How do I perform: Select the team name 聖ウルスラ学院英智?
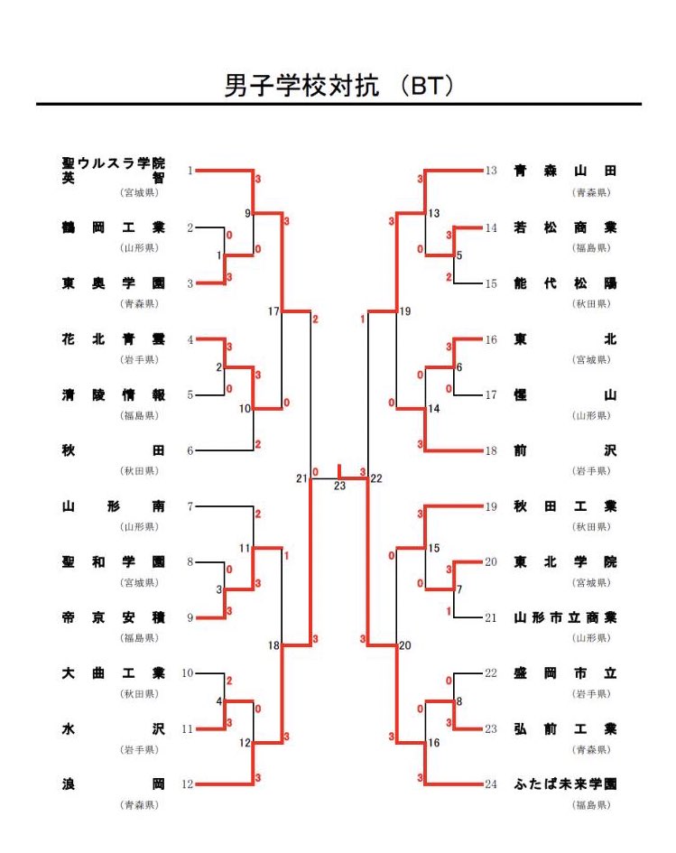114,171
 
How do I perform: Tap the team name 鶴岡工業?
114,228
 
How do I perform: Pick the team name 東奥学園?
114,283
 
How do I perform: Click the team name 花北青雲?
114,339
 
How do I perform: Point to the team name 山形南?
114,506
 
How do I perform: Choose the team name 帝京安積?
114,618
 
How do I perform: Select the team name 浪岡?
114,784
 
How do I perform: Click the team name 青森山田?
565,171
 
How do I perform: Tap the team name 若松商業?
565,228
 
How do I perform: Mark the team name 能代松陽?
565,283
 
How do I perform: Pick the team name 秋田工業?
565,506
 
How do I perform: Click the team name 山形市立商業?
565,618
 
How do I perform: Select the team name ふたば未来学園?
565,784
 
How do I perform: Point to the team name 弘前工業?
565,728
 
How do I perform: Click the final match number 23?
339,487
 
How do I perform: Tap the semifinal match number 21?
301,477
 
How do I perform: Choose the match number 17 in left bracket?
273,311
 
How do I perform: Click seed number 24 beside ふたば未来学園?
490,784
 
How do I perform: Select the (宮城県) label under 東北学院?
590,582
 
